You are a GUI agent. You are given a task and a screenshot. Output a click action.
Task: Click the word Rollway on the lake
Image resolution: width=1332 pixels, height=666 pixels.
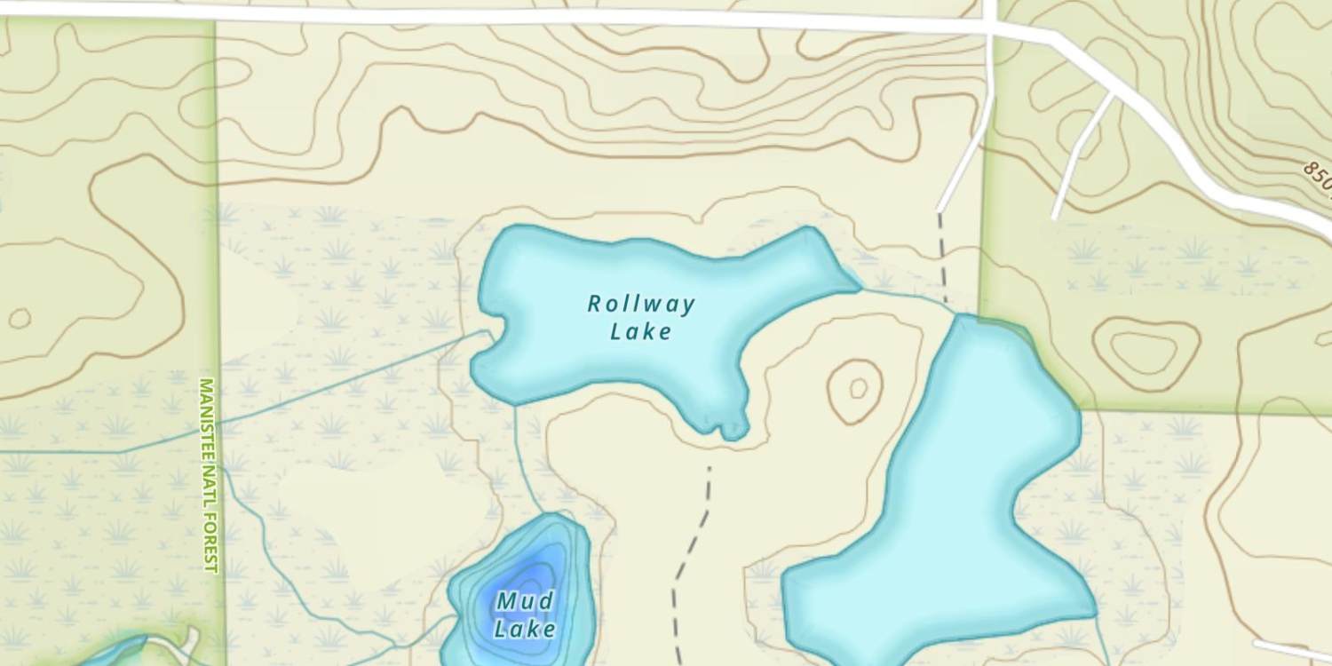(x=640, y=305)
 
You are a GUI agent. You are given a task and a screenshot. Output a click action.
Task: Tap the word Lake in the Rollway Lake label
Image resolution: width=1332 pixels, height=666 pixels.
(x=641, y=332)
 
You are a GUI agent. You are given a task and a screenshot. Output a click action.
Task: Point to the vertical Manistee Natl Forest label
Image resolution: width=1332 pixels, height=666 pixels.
(x=207, y=475)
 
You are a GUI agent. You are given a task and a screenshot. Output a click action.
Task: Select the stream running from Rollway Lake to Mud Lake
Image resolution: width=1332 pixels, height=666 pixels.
(x=524, y=462)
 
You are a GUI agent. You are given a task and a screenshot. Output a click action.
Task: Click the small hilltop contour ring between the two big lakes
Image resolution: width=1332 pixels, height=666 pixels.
(x=857, y=389)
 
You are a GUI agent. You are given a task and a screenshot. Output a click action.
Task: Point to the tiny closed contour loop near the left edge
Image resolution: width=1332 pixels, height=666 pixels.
(x=19, y=317)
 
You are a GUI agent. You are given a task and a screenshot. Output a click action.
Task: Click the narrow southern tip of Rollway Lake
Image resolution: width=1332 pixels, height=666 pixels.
(x=733, y=431)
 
